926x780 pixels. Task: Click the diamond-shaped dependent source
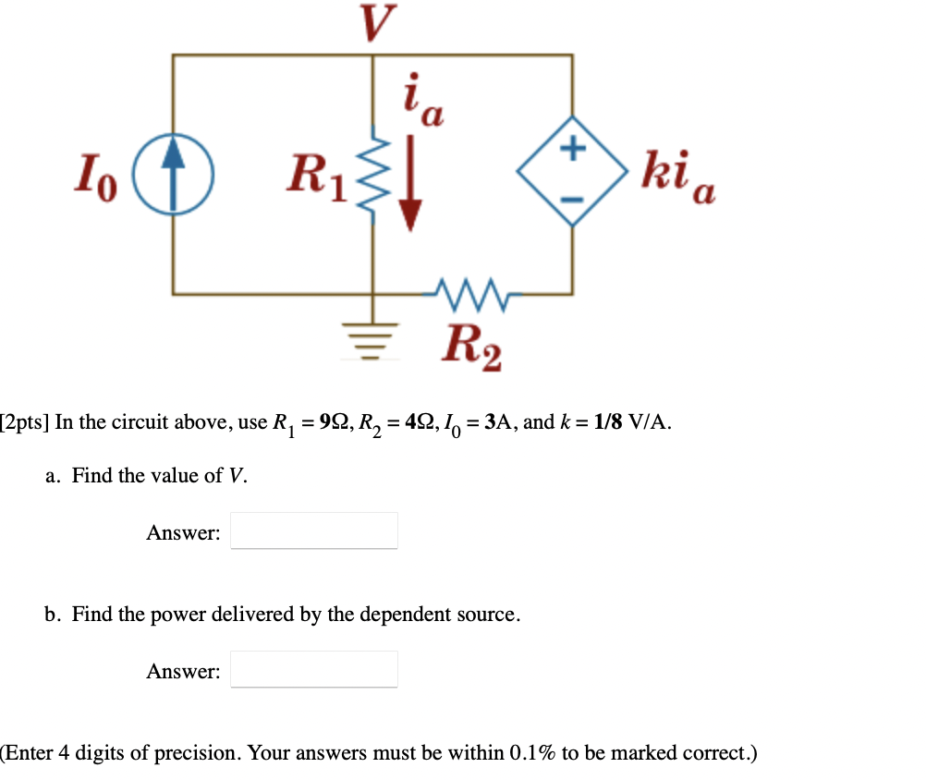[572, 171]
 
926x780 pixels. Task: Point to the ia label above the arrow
[421, 99]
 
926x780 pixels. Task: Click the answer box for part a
[314, 530]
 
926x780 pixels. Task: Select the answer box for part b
[314, 669]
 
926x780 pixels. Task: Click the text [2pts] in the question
[25, 423]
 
